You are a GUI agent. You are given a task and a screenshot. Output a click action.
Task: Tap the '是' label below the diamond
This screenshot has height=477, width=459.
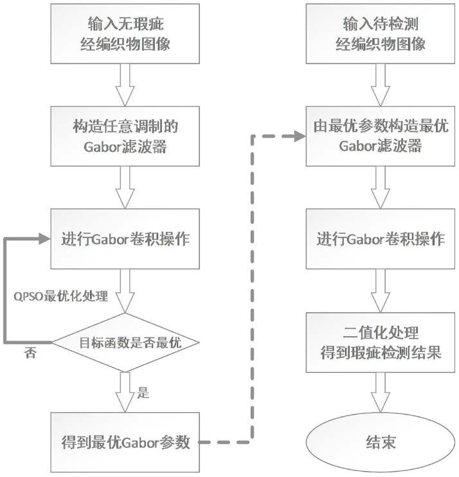point(143,393)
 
